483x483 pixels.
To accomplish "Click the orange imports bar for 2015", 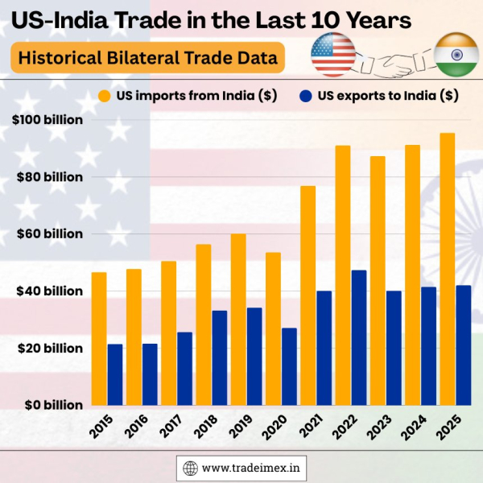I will click(99, 338).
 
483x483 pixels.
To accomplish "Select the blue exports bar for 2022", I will click(358, 337).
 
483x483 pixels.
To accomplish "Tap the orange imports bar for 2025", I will click(447, 269).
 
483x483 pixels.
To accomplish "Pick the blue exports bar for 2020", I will click(289, 366).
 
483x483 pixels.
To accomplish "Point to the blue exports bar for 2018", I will click(219, 357).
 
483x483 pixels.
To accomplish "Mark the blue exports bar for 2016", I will click(150, 374).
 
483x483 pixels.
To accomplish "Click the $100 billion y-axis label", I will click(48, 120).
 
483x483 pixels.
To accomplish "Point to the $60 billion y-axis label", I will click(48, 234).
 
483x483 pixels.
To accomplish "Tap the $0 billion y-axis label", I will click(48, 405).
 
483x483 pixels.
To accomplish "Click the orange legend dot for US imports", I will click(104, 96).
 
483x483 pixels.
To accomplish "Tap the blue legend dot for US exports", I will click(305, 96).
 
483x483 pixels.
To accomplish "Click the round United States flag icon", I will click(334, 55).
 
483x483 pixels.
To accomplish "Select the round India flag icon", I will click(455, 55).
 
